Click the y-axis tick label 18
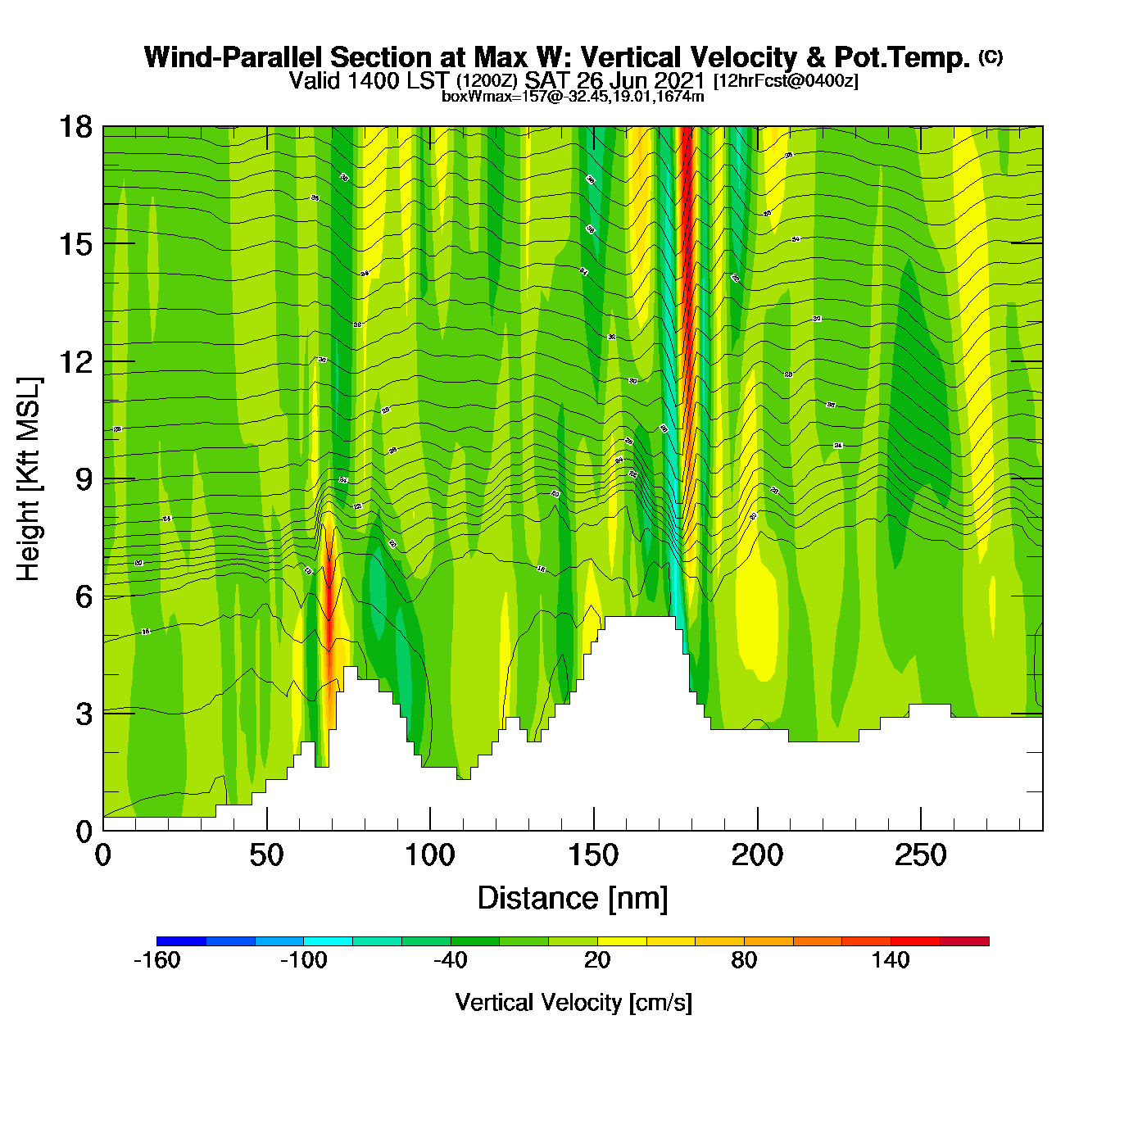(x=75, y=127)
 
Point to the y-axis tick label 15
(x=75, y=244)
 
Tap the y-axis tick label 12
(x=75, y=361)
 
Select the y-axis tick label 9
(x=84, y=479)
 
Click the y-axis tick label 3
(x=84, y=714)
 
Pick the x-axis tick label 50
(x=266, y=856)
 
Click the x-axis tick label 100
(x=429, y=856)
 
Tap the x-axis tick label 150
(x=593, y=856)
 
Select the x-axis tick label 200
(x=757, y=856)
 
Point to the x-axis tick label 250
(x=920, y=856)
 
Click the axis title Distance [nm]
(x=573, y=898)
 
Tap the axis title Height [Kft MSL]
(x=29, y=479)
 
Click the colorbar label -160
(x=156, y=960)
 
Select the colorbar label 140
(x=891, y=960)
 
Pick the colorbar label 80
(x=744, y=960)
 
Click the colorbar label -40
(x=450, y=960)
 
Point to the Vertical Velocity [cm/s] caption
(x=573, y=1002)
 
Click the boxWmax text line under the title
(x=573, y=97)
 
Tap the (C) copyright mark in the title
(x=991, y=57)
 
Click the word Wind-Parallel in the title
(x=233, y=57)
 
